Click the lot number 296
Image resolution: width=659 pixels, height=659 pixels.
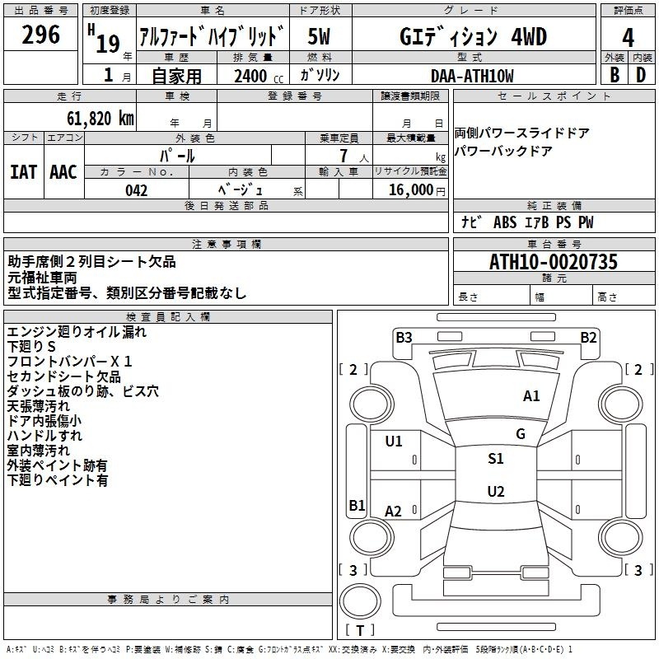click(x=40, y=35)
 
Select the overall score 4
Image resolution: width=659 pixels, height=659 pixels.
click(x=628, y=38)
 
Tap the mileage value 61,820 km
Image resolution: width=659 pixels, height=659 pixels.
click(x=100, y=119)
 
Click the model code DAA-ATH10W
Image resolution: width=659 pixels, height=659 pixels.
click(x=472, y=76)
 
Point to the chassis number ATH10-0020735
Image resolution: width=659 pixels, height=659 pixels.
click(x=554, y=262)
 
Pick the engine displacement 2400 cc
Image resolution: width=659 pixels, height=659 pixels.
click(x=259, y=76)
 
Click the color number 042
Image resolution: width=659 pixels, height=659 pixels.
click(x=137, y=190)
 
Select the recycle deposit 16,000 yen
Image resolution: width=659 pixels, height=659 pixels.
click(x=417, y=190)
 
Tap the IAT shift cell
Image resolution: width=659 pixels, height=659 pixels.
click(x=23, y=172)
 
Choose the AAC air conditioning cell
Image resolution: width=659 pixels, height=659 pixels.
click(x=63, y=172)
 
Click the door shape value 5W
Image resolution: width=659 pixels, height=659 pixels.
click(x=319, y=36)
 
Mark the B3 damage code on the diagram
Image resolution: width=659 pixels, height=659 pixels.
click(x=404, y=337)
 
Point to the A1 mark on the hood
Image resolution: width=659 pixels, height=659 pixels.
click(x=531, y=395)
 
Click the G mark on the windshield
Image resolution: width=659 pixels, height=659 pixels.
click(x=521, y=433)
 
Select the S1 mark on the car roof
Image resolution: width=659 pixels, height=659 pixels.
click(x=496, y=458)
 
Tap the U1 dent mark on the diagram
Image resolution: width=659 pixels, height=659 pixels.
click(x=394, y=441)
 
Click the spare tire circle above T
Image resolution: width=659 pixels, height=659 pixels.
click(x=360, y=601)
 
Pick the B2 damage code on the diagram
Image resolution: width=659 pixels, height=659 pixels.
click(x=588, y=337)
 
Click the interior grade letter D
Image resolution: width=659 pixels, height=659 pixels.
click(x=641, y=75)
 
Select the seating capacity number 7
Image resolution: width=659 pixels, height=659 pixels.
click(x=344, y=156)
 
